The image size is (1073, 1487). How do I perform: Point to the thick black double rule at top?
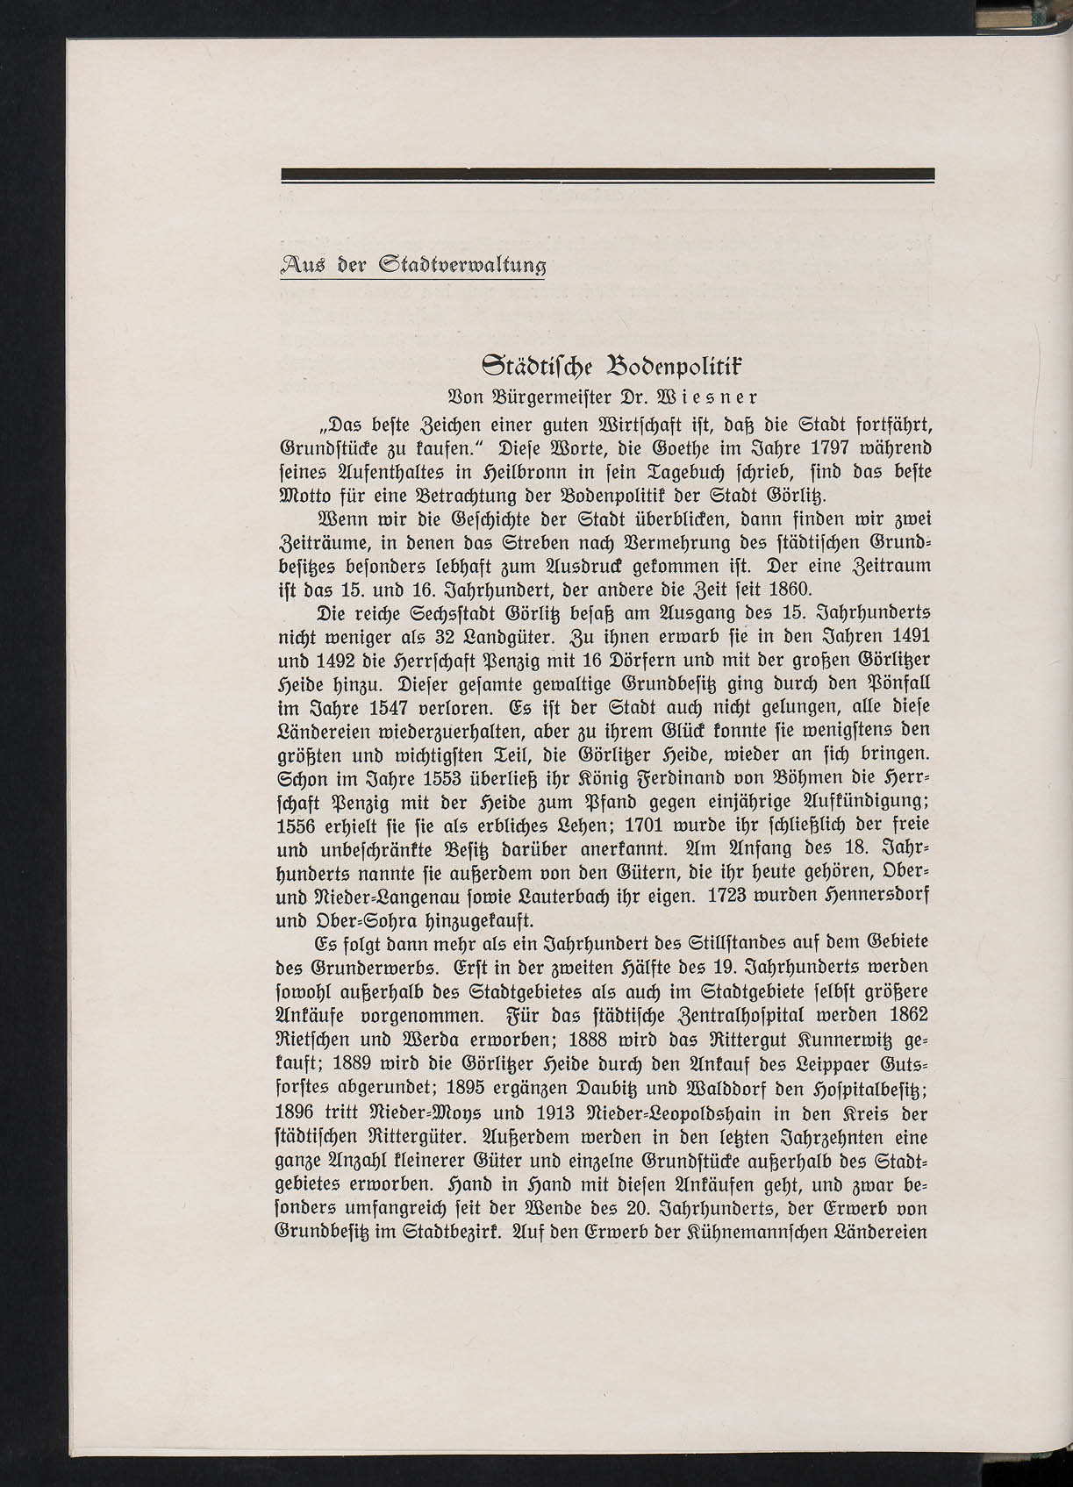[x=607, y=175]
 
